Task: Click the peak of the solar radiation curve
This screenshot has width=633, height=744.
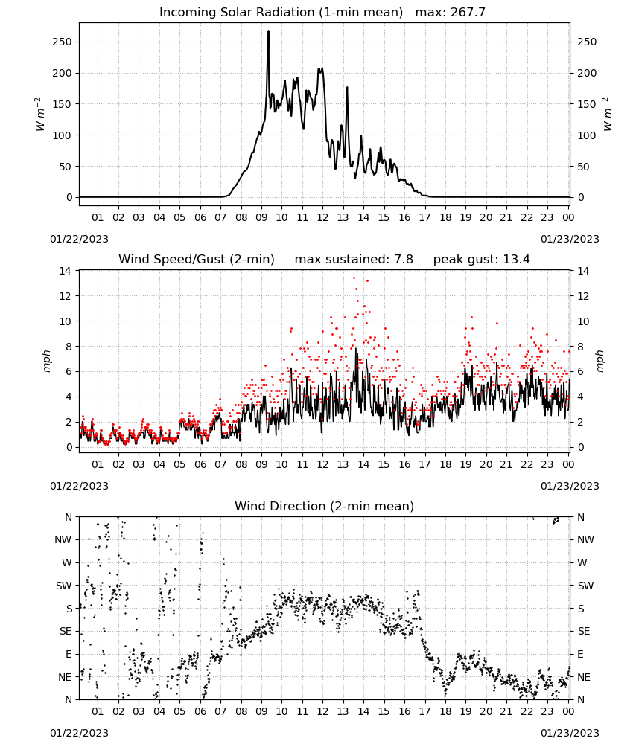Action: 268,31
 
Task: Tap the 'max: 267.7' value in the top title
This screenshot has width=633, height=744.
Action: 451,12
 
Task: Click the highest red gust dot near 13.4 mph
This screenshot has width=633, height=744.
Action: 354,278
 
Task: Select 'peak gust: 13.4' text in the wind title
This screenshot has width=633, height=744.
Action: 482,260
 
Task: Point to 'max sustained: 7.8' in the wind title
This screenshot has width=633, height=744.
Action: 354,260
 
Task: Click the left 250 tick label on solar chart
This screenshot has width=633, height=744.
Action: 63,42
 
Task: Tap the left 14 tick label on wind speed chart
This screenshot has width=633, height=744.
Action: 66,271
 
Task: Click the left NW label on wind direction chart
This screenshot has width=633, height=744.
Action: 63,540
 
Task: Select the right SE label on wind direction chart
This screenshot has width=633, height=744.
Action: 584,631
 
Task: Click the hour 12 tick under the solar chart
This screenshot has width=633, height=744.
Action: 322,217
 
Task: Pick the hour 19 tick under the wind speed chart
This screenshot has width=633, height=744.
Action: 466,464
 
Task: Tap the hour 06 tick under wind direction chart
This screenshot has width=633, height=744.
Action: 200,711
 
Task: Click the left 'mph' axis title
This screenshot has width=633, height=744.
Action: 46,361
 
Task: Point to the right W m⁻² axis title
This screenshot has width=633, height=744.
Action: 608,115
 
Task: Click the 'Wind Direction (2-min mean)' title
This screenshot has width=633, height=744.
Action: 325,506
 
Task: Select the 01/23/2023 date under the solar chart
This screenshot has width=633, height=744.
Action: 570,239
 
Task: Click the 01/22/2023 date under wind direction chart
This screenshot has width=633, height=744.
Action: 79,733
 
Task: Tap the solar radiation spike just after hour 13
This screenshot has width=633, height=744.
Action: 347,88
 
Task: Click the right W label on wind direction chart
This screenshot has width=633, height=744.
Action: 582,562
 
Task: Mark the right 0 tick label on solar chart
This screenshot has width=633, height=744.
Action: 580,197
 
